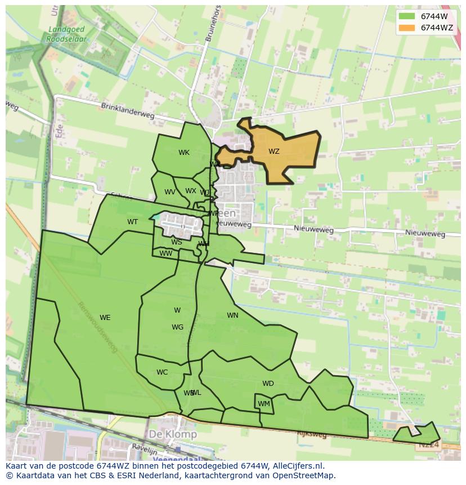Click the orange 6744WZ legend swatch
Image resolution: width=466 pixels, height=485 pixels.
pos(406,28)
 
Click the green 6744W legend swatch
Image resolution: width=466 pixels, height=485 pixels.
pos(406,16)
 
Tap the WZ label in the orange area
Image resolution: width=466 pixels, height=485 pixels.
pos(274,152)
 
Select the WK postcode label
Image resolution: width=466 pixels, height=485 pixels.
pos(184,153)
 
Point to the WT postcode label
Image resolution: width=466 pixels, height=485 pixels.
pos(132,222)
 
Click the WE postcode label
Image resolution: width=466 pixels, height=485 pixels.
pos(105,318)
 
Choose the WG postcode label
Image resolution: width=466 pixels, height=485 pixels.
pos(177,327)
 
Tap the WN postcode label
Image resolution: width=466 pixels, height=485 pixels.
pos(232,315)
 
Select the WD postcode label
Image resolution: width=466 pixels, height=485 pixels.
pos(268,384)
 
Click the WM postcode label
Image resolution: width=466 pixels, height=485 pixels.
pos(264,404)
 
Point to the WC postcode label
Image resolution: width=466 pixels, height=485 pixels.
pos(162,372)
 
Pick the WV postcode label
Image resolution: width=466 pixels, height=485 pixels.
pos(169,192)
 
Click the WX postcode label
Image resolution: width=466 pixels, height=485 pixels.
pos(191,191)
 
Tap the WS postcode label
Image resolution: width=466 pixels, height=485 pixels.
pos(177,243)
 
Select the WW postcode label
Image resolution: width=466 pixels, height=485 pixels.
pos(166,253)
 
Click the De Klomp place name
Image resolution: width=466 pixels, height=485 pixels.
pos(173,434)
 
